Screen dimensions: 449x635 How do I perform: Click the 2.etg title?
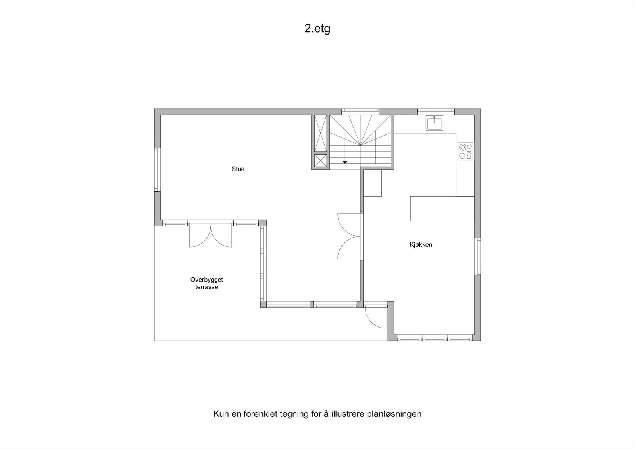coord(317,29)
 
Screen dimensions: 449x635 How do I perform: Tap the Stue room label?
coord(238,169)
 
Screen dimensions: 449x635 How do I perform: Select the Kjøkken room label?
coord(421,245)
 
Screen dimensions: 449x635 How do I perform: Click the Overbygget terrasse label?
coord(206,283)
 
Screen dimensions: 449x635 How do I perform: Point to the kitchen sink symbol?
coord(434,123)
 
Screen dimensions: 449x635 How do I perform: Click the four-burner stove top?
coord(465,151)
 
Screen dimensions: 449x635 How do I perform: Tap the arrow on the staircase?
coord(345,162)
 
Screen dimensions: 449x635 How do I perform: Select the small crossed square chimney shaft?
coord(319,161)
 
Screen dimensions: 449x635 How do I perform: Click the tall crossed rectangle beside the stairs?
coord(319,133)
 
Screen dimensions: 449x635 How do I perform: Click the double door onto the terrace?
coord(210,236)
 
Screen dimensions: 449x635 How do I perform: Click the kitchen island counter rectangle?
coord(442,208)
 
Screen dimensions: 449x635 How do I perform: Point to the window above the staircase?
coord(360,111)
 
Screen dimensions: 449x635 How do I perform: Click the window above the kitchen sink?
coord(435,111)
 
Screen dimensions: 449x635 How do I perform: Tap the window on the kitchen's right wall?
coord(478,256)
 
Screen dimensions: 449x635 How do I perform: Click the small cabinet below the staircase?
coord(372,183)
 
